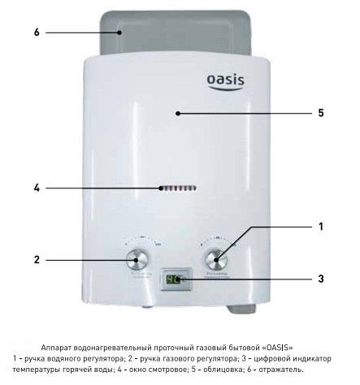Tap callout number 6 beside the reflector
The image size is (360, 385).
pos(37,32)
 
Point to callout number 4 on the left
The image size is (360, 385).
pos(37,188)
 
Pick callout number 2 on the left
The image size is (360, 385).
pos(37,260)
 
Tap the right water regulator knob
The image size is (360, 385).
pos(216,260)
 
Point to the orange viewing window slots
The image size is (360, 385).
pos(177,188)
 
